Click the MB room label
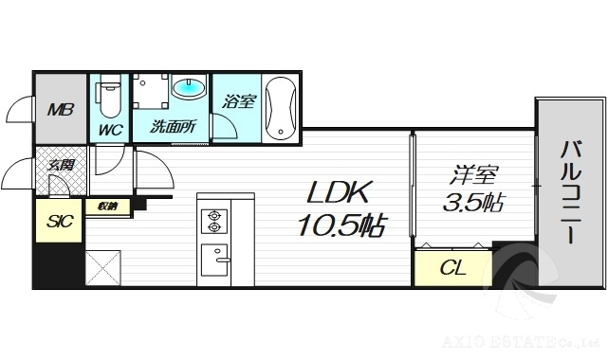[x=61, y=108]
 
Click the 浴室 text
[x=238, y=101]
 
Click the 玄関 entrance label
[x=60, y=166]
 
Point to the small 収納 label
[x=106, y=205]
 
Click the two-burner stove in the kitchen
[x=213, y=221]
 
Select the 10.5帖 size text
[x=341, y=226]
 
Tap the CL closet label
[x=453, y=268]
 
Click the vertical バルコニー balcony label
[x=570, y=193]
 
